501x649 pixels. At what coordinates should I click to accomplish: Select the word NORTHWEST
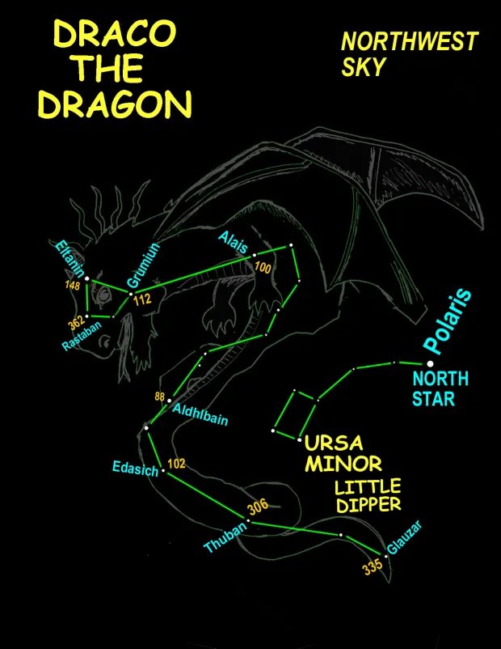point(409,40)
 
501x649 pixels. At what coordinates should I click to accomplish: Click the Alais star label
point(233,242)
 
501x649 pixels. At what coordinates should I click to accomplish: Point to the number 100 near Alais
point(263,267)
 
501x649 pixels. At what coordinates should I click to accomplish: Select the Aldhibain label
point(200,415)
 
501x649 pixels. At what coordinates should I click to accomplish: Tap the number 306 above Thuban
point(257,507)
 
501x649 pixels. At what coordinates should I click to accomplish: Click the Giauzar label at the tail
point(404,540)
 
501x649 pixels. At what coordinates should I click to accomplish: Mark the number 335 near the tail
point(373,566)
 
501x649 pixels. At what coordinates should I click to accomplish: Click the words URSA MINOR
point(341,454)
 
